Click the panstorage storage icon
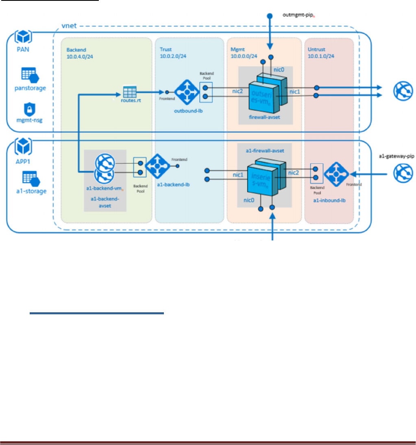[30, 76]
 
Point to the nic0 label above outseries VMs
[279, 70]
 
